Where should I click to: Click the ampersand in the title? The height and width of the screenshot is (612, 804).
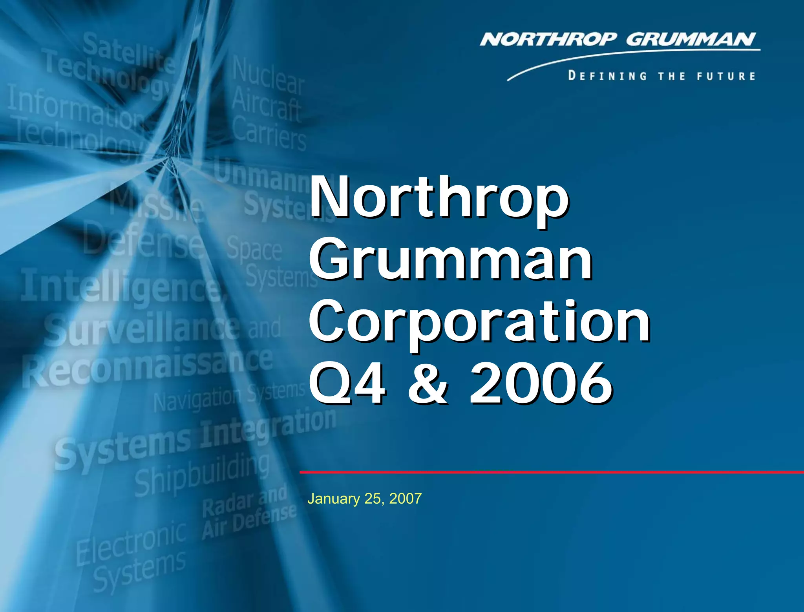[427, 384]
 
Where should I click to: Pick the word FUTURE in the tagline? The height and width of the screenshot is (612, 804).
[726, 76]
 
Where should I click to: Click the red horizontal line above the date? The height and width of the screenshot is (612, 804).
[550, 472]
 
